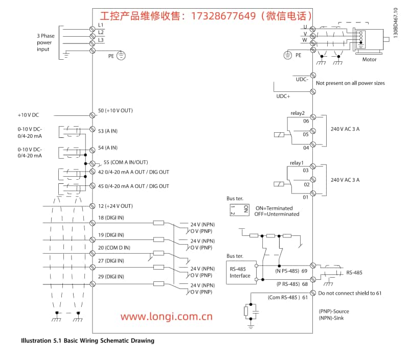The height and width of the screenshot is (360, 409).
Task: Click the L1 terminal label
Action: pos(101,25)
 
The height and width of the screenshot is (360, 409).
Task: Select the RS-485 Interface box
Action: pos(240,272)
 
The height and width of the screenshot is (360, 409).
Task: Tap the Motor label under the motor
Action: pos(369,60)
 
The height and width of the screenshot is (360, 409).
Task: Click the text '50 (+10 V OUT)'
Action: pos(115,110)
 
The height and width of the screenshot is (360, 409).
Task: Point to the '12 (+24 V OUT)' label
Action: pos(115,206)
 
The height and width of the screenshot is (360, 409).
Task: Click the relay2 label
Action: pos(298,113)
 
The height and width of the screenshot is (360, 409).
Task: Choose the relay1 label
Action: pos(297,163)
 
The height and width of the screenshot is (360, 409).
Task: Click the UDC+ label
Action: pos(283,96)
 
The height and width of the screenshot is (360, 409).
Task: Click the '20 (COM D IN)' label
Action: pos(113,248)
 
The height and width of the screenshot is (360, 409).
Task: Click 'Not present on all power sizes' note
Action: pos(350,83)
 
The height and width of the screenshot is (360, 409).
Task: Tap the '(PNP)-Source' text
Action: pos(334,311)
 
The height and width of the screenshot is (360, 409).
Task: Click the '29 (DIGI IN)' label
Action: pos(110,276)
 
